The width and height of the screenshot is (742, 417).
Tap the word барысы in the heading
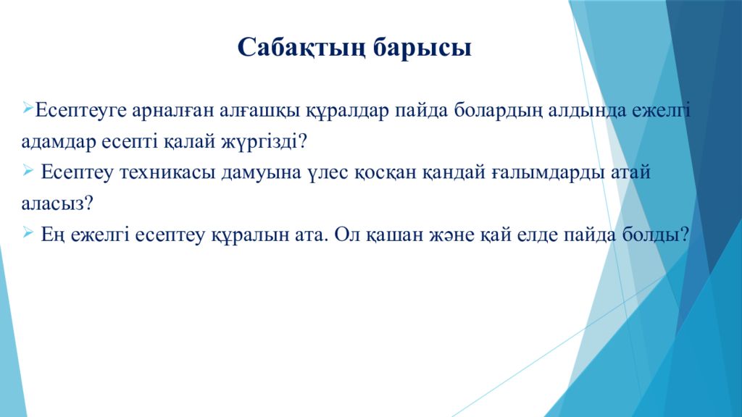422,49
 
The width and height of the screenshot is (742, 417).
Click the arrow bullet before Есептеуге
27,108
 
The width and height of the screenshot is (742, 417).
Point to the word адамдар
59,142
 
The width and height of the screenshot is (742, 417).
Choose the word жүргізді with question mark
264,142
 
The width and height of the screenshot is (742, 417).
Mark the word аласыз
57,203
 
